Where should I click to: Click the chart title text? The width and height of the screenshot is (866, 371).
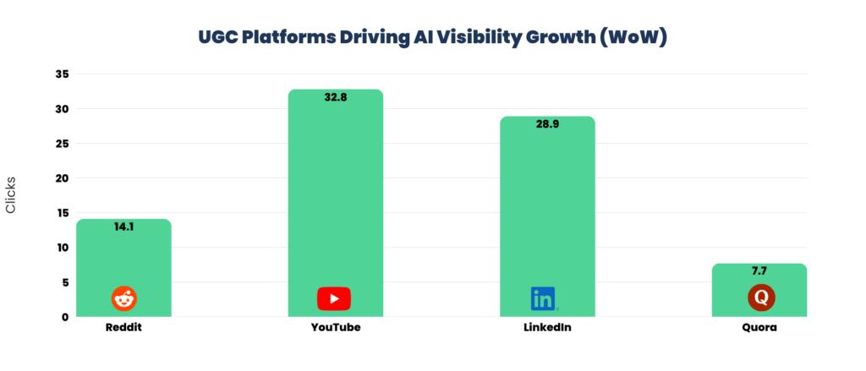432,38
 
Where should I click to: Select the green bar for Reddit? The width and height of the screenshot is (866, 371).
123,262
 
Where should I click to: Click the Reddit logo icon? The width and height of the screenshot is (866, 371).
123,298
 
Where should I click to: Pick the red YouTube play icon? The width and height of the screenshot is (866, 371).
334,298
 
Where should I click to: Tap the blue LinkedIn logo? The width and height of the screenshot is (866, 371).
543,298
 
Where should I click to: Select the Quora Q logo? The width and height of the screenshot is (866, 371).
760,298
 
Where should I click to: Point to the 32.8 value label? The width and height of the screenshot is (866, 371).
336,97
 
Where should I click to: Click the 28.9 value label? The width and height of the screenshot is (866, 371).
547,124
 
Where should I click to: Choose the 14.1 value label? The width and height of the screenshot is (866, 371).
123,226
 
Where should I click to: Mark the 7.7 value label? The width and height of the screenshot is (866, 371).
759,271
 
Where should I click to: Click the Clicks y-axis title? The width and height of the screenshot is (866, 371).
12,195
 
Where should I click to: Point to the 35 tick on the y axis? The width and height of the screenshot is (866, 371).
62,74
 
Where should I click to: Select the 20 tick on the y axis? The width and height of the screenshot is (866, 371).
62,178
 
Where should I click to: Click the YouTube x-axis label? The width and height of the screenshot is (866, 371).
336,327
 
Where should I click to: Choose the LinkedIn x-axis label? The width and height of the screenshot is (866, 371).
547,327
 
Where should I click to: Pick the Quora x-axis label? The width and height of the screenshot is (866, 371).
759,327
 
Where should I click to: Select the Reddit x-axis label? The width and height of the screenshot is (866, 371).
123,327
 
